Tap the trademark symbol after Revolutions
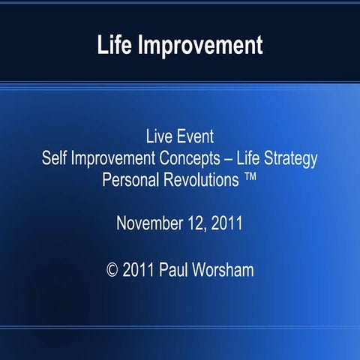coord(251,179)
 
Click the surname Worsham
coord(226,268)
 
